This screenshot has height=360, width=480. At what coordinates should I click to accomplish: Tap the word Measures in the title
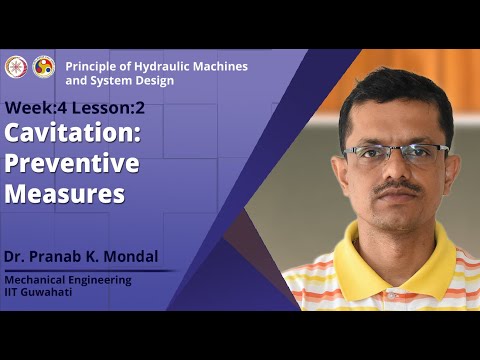coord(64,192)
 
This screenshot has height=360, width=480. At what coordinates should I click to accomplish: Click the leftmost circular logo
coord(15,66)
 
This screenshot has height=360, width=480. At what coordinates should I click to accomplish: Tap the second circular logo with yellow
coord(44,66)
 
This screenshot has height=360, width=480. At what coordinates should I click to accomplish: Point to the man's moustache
coord(398,187)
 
